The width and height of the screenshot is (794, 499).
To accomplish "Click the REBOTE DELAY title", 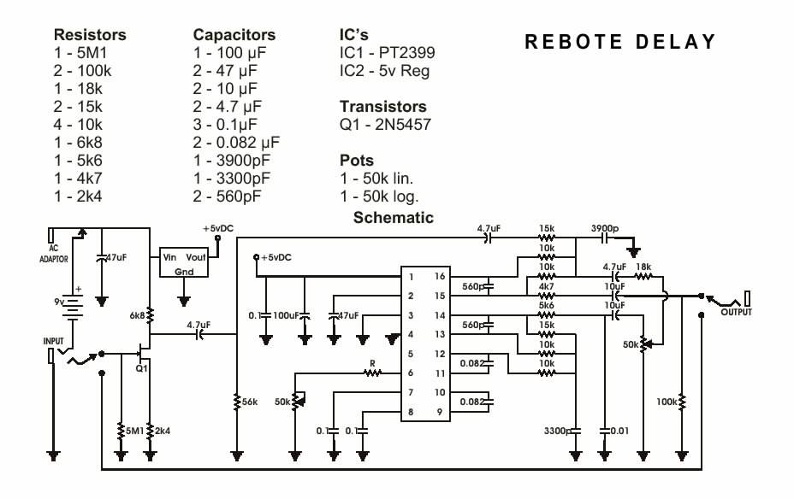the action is point(619,42).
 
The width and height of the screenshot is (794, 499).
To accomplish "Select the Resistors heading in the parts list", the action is point(90,34).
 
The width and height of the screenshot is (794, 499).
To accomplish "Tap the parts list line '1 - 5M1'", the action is point(80,53).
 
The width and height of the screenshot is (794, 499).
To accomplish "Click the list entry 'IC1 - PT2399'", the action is point(387,53).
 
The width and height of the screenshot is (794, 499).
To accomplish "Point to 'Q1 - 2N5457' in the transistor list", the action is point(385,125).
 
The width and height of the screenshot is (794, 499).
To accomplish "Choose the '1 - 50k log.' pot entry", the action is point(379,197).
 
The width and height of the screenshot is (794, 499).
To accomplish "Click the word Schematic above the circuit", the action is point(394,217).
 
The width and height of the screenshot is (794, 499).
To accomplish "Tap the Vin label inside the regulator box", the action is point(169,257).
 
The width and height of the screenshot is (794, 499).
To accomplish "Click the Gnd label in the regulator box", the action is point(184,272).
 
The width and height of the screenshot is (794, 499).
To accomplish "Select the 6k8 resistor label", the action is point(137,315).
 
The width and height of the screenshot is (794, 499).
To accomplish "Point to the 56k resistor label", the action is point(250,402).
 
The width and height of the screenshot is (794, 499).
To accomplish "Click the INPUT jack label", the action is point(53,341).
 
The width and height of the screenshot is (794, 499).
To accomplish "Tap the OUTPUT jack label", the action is point(737,312).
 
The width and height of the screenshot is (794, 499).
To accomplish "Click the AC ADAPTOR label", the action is point(54,253).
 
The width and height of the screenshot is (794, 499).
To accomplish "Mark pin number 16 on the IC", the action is point(440,276).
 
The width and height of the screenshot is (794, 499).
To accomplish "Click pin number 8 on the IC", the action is point(411,412).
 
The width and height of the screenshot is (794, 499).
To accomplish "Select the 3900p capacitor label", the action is point(605,228).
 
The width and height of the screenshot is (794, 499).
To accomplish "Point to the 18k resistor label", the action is point(643,267).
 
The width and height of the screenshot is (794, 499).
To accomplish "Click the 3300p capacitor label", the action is point(558,431).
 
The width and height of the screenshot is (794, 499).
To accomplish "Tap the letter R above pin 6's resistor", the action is point(373,363).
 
